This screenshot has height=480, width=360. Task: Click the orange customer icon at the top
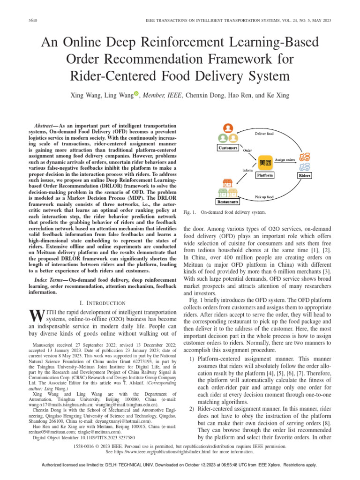[228, 128]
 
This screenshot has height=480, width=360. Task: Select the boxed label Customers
[228, 148]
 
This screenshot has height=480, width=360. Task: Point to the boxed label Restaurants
[228, 202]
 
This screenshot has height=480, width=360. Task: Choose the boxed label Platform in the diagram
[265, 175]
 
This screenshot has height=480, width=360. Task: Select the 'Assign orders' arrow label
[285, 159]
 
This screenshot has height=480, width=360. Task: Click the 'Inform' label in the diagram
[247, 170]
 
